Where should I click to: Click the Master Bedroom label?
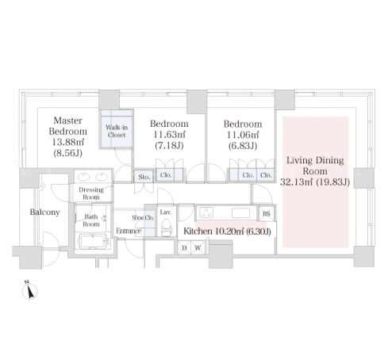pos(68,126)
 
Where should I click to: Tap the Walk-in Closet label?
pos(117,131)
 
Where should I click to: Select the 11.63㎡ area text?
pos(169,135)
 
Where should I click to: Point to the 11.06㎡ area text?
pos(243,135)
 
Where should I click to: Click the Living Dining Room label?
pos(315,166)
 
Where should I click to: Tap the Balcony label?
pos(44,212)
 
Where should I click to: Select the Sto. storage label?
pos(144,177)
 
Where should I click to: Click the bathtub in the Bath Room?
pos(94,241)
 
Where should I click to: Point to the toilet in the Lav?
pos(167,228)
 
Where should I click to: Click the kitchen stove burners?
pos(206,213)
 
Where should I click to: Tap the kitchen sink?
pos(240,213)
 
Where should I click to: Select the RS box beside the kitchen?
pos(267,213)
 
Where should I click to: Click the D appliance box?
pos(184,247)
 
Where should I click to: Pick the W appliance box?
pos(198,247)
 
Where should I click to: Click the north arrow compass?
pos(30,290)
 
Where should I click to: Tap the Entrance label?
pos(129,231)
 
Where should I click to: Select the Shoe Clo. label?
pos(143,217)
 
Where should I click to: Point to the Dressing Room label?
pos(91,193)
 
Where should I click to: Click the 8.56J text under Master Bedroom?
pos(68,153)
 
